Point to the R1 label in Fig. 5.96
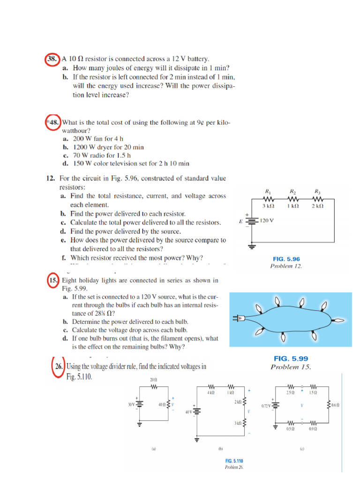click(268, 191)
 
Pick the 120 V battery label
click(267, 220)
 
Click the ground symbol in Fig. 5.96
click(252, 245)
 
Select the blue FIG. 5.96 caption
click(286, 259)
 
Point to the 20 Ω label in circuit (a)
click(153, 379)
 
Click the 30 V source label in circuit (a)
click(131, 404)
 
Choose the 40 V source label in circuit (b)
click(188, 412)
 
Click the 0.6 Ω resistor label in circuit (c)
click(333, 404)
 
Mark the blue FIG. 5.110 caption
click(234, 461)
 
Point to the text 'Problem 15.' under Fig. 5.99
click(291, 367)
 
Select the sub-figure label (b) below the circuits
click(220, 448)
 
